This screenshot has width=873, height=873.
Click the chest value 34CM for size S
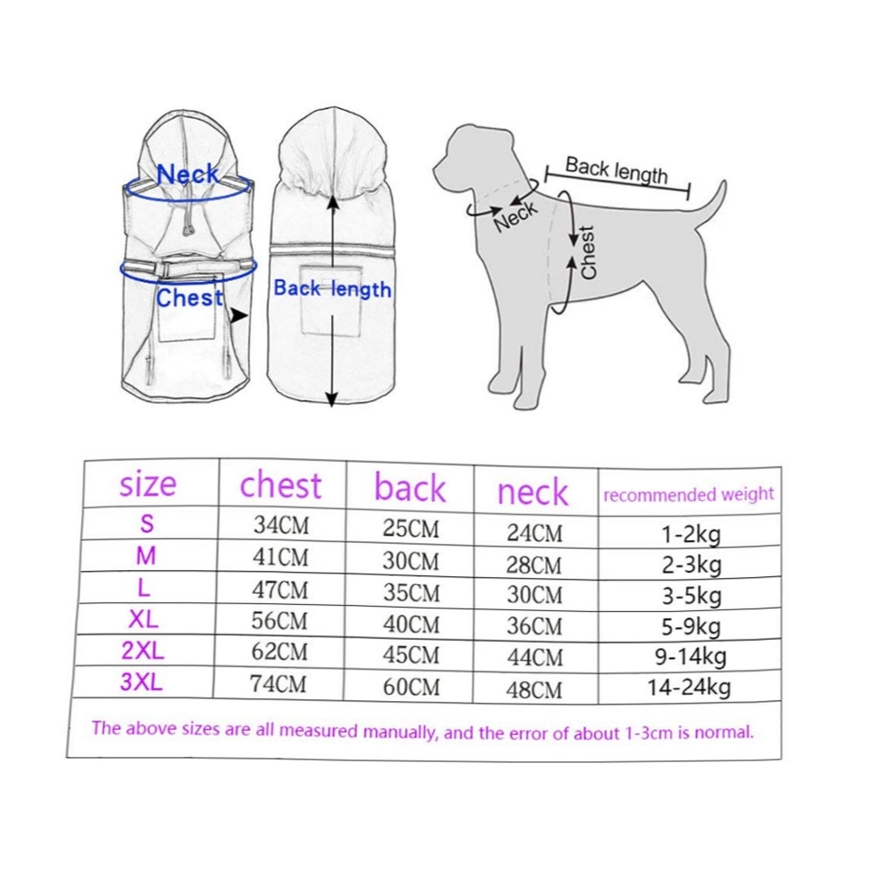(281, 525)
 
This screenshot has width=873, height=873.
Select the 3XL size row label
(141, 682)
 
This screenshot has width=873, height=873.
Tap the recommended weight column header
(689, 494)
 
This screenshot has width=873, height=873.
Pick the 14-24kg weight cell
(689, 688)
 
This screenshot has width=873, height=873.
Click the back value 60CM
(411, 687)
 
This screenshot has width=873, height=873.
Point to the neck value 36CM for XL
(534, 627)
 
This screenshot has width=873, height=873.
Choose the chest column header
(280, 485)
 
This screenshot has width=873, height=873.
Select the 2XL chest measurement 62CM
(279, 652)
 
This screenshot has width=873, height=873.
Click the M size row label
(146, 555)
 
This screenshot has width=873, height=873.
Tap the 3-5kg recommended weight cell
(691, 596)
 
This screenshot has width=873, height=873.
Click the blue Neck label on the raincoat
(188, 175)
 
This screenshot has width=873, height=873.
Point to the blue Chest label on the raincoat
(189, 298)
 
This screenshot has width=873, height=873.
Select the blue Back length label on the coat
(333, 289)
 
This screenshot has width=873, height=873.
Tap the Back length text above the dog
(616, 170)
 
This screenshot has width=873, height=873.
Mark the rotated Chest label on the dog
(588, 251)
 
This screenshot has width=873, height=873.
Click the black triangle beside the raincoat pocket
(239, 316)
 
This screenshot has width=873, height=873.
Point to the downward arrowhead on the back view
(331, 399)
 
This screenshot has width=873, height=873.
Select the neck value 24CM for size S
(534, 533)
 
